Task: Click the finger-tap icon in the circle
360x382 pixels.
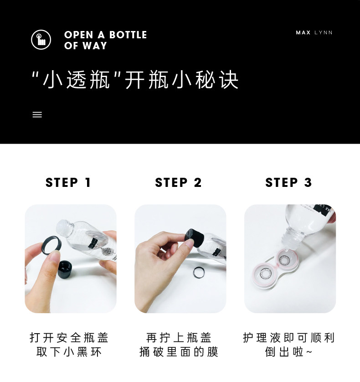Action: click(x=41, y=40)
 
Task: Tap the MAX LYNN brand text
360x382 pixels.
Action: click(x=314, y=33)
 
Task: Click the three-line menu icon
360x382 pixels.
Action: click(x=37, y=114)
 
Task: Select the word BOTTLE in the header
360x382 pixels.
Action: click(x=128, y=35)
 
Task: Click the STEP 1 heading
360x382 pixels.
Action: click(x=68, y=182)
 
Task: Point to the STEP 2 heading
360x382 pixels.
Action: click(x=178, y=182)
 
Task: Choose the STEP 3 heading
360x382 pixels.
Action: click(x=288, y=182)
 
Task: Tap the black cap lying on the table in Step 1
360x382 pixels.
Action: click(x=65, y=269)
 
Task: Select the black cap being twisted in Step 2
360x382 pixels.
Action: click(x=194, y=237)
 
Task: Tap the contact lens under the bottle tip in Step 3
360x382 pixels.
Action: click(x=284, y=260)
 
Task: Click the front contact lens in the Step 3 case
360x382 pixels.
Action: click(x=266, y=274)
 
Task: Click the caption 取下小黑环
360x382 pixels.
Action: click(x=69, y=352)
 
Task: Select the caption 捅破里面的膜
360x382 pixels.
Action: click(x=179, y=352)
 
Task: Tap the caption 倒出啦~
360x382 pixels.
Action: click(x=288, y=352)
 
